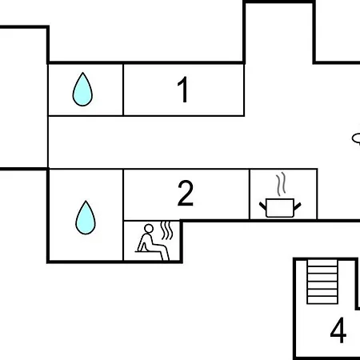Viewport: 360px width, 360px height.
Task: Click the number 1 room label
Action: (x=183, y=90)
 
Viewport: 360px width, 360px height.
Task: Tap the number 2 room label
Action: (x=186, y=193)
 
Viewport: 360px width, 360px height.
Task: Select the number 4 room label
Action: (x=338, y=330)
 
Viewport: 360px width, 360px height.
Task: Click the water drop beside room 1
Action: (x=82, y=90)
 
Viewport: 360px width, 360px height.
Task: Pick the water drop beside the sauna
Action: (x=86, y=218)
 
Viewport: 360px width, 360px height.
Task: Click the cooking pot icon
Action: (x=280, y=207)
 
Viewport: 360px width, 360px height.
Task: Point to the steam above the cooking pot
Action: (x=281, y=183)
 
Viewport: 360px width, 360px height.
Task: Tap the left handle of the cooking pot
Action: (x=262, y=206)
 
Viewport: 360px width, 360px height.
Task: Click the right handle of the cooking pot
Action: (x=298, y=206)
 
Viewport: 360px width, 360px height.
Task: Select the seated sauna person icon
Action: (x=153, y=242)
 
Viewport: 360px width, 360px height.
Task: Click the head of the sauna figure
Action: (x=149, y=229)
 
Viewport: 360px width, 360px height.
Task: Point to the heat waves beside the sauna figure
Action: (x=166, y=230)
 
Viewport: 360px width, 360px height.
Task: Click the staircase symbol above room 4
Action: (x=322, y=282)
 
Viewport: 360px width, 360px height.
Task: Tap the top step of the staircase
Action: (x=322, y=263)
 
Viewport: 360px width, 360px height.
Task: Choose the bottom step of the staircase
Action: (x=322, y=300)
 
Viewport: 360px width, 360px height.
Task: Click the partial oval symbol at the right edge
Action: (x=356, y=139)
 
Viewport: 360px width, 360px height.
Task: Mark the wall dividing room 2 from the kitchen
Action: (x=250, y=194)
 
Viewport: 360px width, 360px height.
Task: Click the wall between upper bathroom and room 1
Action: (x=123, y=90)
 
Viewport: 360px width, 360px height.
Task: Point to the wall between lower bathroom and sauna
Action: (x=123, y=215)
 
